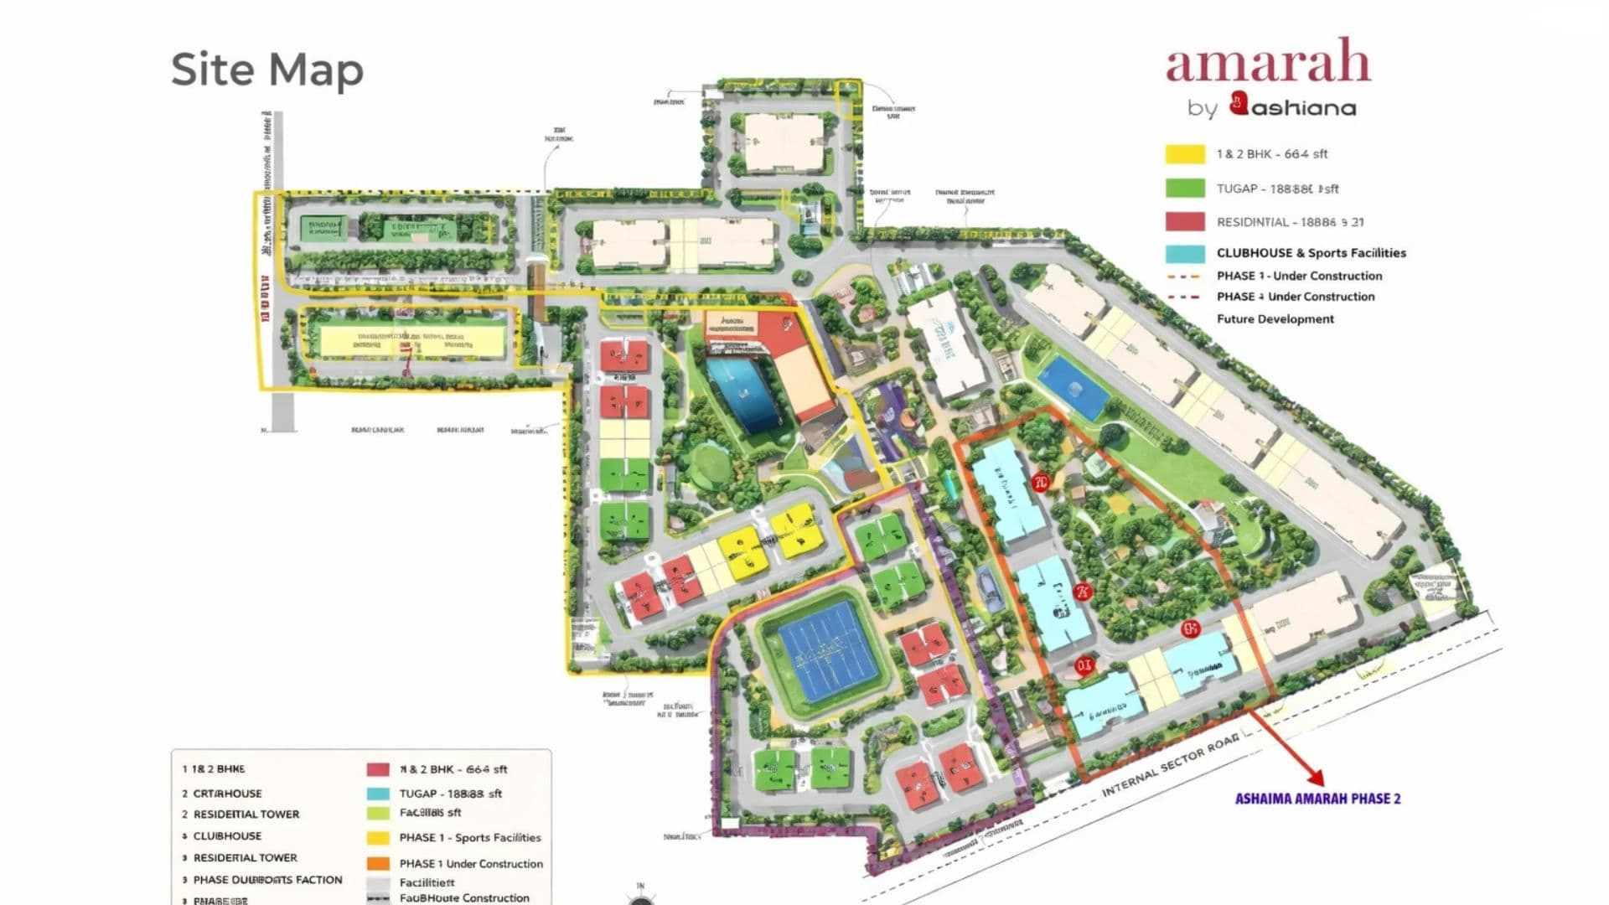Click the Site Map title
pyautogui.click(x=267, y=69)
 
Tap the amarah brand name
pyautogui.click(x=1267, y=63)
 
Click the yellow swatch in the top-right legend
pyautogui.click(x=1185, y=154)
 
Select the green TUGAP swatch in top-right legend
pyautogui.click(x=1185, y=189)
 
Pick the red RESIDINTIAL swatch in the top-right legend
pyautogui.click(x=1185, y=222)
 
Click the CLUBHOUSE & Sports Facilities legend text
pyautogui.click(x=1311, y=253)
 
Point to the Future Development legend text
pyautogui.click(x=1275, y=319)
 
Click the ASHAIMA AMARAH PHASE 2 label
pyautogui.click(x=1317, y=799)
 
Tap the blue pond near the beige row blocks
pyautogui.click(x=1073, y=388)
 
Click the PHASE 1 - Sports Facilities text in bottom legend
pyautogui.click(x=469, y=838)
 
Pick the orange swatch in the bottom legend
pyautogui.click(x=378, y=864)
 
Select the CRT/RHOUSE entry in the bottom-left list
pyautogui.click(x=227, y=794)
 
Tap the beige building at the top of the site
pyautogui.click(x=784, y=142)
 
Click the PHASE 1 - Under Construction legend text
pyautogui.click(x=1299, y=276)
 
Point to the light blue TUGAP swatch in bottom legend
pyautogui.click(x=378, y=794)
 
